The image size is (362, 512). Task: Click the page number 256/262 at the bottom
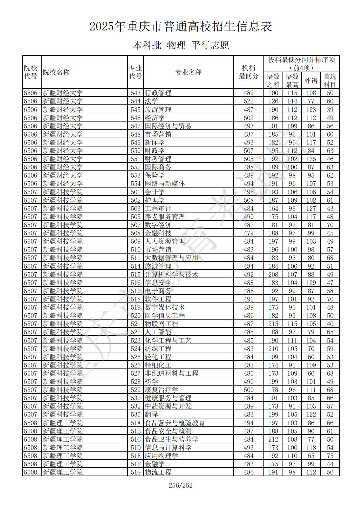(180, 485)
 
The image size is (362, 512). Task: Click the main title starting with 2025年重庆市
(181, 27)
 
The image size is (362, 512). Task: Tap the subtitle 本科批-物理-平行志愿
(181, 45)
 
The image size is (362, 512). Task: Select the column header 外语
(311, 80)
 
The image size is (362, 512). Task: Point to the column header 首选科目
(330, 80)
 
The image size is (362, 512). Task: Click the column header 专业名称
(188, 72)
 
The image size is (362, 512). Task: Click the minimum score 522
(249, 101)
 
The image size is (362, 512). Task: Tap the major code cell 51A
(135, 423)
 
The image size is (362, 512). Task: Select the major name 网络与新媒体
(165, 184)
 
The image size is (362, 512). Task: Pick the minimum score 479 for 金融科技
(249, 233)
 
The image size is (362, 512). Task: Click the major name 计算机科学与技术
(171, 275)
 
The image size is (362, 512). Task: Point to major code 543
(135, 93)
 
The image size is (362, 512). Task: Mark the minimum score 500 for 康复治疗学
(249, 390)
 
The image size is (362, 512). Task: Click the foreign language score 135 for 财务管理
(311, 159)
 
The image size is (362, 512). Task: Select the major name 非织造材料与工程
(171, 373)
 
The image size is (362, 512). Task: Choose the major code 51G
(135, 472)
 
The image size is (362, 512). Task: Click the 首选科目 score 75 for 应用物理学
(330, 456)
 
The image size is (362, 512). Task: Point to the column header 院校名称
(56, 72)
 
